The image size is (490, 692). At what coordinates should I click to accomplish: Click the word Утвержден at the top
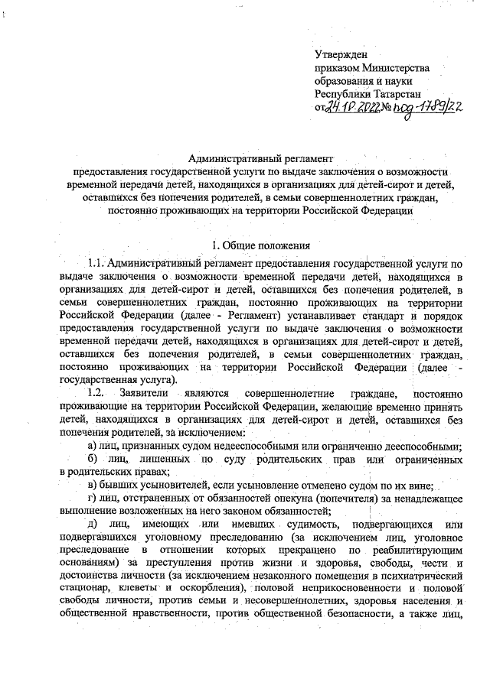click(x=341, y=55)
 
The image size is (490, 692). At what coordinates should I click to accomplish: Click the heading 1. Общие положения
click(x=260, y=245)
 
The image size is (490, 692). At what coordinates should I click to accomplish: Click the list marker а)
click(x=92, y=446)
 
